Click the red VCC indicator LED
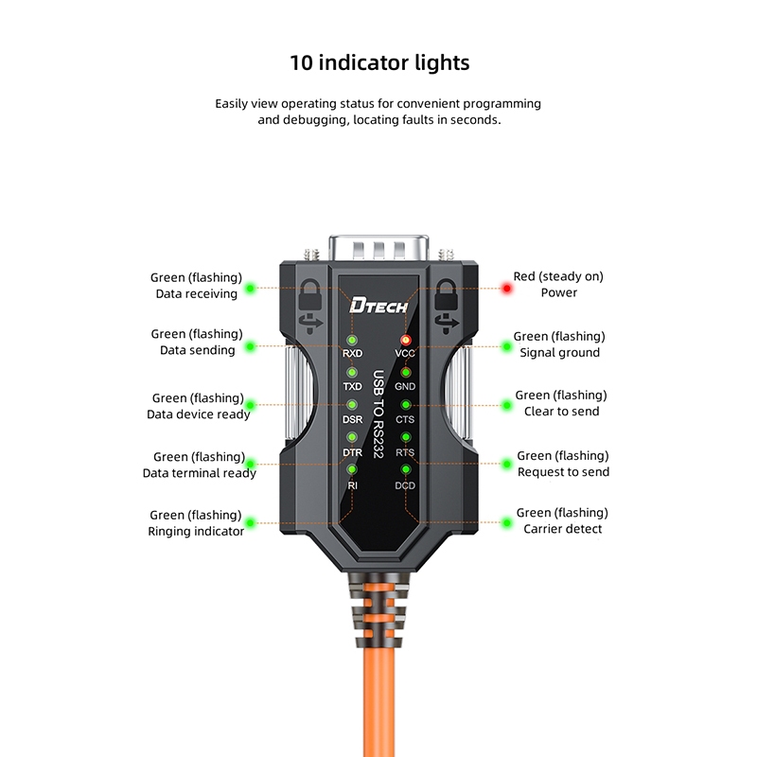[x=406, y=340]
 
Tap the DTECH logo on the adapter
[x=378, y=305]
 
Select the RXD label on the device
[x=352, y=354]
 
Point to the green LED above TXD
[x=352, y=372]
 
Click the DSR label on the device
[x=352, y=418]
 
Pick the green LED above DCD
[x=406, y=469]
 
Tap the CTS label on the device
[x=405, y=418]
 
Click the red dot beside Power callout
[x=507, y=288]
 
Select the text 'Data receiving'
[x=196, y=293]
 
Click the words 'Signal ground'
[x=560, y=352]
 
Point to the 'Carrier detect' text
[x=562, y=528]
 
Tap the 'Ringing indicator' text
[x=196, y=531]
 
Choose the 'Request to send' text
[x=563, y=471]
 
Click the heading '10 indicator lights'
[x=378, y=63]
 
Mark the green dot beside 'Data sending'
[x=251, y=347]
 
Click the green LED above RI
[x=352, y=469]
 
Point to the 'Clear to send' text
[x=561, y=411]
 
